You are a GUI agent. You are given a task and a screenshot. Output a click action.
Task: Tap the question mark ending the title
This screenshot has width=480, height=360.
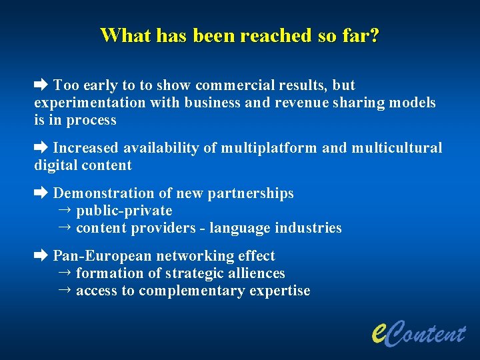(x=375, y=35)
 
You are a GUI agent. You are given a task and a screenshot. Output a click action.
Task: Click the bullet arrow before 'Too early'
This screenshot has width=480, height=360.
(x=41, y=85)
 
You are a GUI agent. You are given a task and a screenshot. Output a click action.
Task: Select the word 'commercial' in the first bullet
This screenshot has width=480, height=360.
(x=229, y=85)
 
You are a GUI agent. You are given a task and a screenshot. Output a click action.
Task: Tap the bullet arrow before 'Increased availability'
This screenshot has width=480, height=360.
(x=41, y=147)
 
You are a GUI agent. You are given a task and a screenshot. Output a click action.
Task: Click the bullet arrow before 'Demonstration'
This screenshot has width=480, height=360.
(x=41, y=193)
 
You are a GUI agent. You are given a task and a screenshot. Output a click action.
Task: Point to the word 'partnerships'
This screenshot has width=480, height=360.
(x=251, y=193)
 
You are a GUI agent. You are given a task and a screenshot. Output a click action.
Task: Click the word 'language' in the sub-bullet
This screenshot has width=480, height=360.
(x=237, y=228)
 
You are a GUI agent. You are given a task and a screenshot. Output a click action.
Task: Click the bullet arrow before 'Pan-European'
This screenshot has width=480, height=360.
(x=41, y=255)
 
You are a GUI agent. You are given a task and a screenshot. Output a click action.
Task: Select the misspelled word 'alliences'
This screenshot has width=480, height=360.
(x=254, y=273)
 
